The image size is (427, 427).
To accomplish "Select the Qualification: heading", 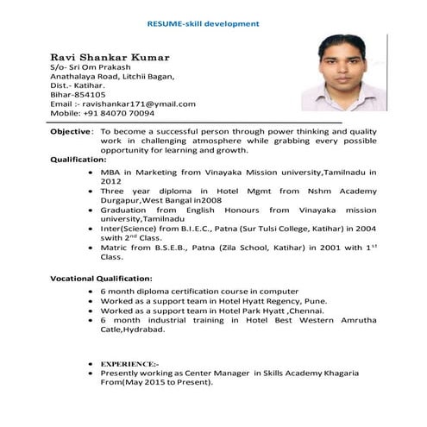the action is (78, 160).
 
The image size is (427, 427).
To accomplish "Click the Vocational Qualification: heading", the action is (101, 279).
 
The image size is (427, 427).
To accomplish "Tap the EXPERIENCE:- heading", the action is (130, 363).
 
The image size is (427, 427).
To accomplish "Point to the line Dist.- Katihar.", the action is (78, 85).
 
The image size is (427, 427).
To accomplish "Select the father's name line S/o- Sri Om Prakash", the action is (90, 66).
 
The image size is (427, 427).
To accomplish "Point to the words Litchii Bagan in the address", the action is (151, 75).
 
